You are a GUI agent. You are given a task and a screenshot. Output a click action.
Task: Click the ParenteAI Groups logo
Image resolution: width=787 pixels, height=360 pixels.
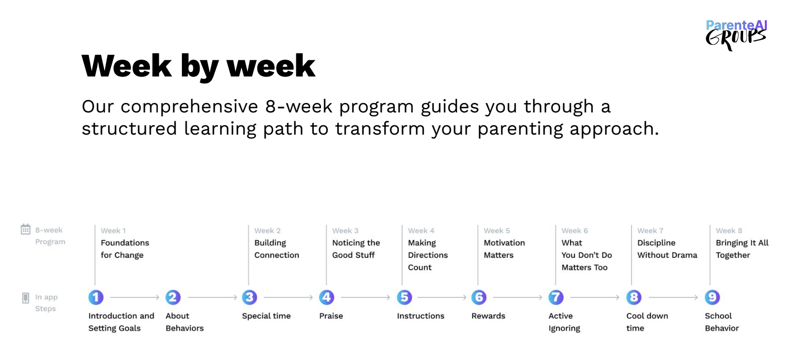[x=736, y=35]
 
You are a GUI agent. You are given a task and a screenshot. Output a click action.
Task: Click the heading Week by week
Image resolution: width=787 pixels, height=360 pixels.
[x=199, y=67]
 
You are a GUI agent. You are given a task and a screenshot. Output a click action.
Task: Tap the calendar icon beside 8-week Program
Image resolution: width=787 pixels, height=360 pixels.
[x=25, y=230]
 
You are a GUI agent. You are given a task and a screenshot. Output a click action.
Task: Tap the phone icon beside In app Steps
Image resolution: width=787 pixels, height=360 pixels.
[x=25, y=298]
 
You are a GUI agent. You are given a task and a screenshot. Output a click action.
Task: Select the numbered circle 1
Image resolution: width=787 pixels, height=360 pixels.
[x=96, y=297]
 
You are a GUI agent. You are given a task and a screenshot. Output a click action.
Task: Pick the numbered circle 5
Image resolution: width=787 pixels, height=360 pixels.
[x=404, y=297]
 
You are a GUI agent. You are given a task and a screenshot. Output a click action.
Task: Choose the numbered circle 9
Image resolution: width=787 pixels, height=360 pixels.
[x=712, y=297]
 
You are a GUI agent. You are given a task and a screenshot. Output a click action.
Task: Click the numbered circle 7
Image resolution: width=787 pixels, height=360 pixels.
[x=556, y=297]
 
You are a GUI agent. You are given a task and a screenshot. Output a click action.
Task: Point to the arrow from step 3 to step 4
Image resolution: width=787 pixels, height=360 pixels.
[x=288, y=297]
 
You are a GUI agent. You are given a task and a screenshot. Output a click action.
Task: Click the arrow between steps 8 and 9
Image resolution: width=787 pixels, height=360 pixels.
[x=673, y=297]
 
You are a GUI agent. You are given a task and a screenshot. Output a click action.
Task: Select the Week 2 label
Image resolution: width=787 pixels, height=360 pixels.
[x=267, y=231]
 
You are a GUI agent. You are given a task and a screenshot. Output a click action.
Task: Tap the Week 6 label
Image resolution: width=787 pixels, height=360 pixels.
[x=575, y=231]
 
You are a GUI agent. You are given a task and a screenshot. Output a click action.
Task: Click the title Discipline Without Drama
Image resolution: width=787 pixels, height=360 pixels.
[x=667, y=249]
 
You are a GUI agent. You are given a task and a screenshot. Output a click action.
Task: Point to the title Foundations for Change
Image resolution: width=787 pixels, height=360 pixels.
[x=125, y=249]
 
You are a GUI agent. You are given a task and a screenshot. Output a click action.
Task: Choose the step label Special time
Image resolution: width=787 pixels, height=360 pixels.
[x=266, y=316]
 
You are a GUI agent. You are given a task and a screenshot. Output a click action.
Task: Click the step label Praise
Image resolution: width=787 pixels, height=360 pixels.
[x=331, y=316]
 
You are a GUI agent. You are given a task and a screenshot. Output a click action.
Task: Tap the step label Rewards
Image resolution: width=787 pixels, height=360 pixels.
[x=488, y=316]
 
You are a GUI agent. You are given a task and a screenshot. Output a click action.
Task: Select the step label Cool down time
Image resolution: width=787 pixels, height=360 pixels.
[x=647, y=322]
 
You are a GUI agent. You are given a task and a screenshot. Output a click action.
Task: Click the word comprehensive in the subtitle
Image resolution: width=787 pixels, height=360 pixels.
[x=189, y=107]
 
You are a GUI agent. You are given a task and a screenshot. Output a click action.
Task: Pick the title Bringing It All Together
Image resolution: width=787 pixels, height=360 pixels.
[x=742, y=249]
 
